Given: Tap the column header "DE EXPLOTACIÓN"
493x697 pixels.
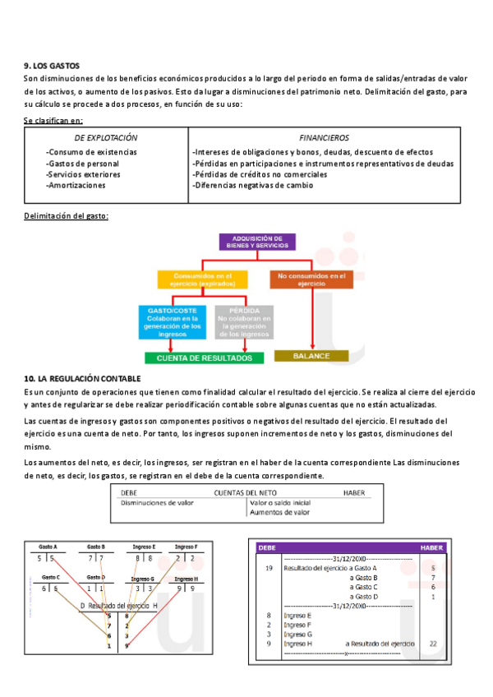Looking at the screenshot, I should coord(106,138).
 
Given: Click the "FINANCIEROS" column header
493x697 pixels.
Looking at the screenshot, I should coord(324,138).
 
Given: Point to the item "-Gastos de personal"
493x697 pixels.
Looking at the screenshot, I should coord(82,164).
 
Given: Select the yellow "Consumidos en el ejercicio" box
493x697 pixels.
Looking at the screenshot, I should coord(202,279).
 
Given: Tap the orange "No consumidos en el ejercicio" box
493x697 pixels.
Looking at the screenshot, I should coord(311,279).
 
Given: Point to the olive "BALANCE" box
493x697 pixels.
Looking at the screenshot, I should coord(313,356).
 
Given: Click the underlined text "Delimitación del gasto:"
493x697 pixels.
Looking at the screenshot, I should coord(67,216).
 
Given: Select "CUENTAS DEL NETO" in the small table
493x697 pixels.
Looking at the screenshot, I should coord(245,492).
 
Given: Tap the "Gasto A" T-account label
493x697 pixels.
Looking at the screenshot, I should coord(47,547).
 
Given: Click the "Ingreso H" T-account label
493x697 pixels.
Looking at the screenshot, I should coord(186,579).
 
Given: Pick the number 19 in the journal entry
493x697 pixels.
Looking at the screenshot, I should coord(270,568).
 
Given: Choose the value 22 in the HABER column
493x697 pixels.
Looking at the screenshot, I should coord(433,644).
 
